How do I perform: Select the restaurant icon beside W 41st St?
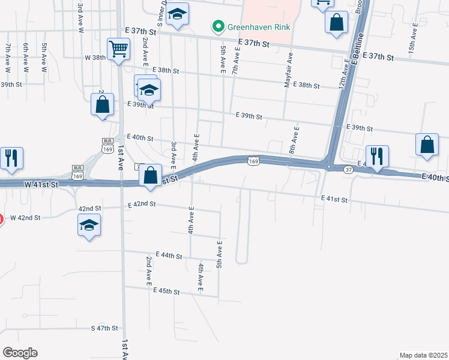(x=11, y=158)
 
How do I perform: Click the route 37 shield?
(x=348, y=170)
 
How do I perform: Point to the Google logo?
(x=20, y=353)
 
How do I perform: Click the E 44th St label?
(x=169, y=256)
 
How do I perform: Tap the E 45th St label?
(x=167, y=291)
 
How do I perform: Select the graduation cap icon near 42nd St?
(x=89, y=226)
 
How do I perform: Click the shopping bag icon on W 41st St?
(x=151, y=176)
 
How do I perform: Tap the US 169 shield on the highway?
(x=253, y=161)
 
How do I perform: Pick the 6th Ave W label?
(x=25, y=58)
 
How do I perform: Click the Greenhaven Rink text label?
(x=258, y=26)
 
